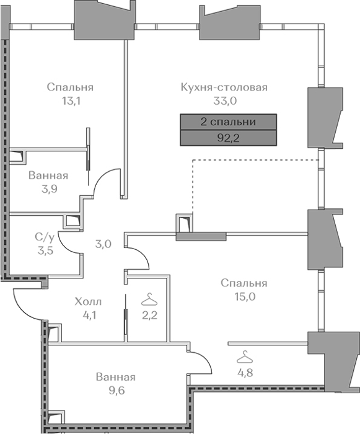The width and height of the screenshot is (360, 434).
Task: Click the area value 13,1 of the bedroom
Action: tap(71, 101)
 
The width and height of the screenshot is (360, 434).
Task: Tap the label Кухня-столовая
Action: tap(224, 87)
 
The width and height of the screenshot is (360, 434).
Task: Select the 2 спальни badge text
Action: tap(228, 122)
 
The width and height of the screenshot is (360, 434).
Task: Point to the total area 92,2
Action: tap(228, 138)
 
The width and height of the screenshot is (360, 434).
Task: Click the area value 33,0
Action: tap(225, 101)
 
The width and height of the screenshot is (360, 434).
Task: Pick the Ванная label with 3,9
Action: tap(48, 175)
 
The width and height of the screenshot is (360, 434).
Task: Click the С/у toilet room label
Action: tap(45, 237)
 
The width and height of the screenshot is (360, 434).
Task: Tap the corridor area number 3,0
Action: tap(103, 244)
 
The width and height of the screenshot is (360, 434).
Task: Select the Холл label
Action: tap(88, 301)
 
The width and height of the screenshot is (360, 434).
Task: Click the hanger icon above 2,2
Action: tap(149, 299)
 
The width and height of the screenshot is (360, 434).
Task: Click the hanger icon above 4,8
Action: tap(245, 356)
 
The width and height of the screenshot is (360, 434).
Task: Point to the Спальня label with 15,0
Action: tap(244, 283)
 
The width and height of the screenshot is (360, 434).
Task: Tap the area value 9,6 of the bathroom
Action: tap(116, 391)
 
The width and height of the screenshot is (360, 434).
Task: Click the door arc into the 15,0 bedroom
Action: tap(143, 255)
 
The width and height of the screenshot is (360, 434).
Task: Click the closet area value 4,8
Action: tap(245, 373)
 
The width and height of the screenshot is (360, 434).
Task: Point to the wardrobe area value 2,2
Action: tap(150, 315)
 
